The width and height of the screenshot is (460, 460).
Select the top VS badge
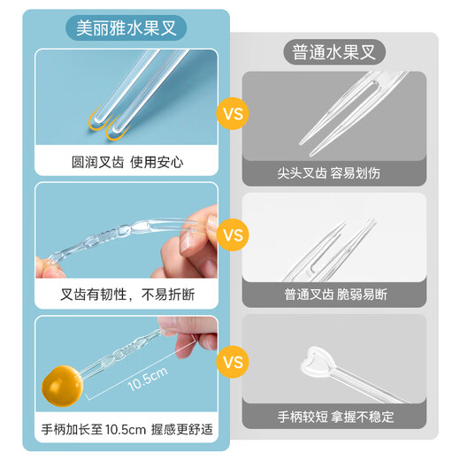(x=233, y=114)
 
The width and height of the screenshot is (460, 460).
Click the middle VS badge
(x=233, y=236)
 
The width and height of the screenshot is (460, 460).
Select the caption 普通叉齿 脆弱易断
(x=333, y=294)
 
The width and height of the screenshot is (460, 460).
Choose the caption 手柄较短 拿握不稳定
(x=333, y=416)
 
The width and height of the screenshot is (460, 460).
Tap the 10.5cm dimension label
(x=147, y=379)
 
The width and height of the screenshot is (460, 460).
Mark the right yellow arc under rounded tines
(x=118, y=134)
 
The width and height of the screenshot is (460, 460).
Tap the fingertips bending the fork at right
(x=196, y=232)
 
